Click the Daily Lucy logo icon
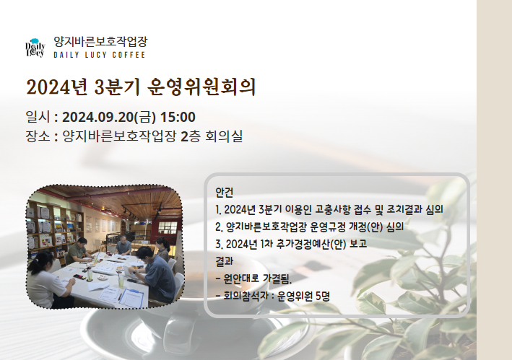35,48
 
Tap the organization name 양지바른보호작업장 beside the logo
100,41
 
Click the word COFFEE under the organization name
129,55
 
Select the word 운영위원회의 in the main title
201,87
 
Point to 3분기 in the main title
117,87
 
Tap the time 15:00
178,117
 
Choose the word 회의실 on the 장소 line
224,136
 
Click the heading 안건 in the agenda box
225,192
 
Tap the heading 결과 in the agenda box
225,261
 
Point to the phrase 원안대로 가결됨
258,278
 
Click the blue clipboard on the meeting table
131,298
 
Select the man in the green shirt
79,250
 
